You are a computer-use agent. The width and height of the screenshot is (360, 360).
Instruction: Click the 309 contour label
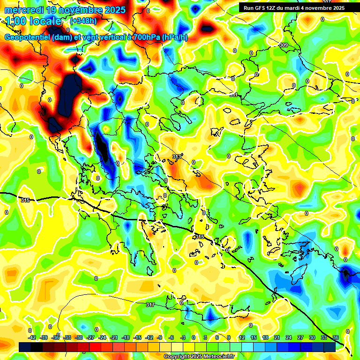coord(283,45)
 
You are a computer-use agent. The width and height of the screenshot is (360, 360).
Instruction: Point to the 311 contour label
coord(233,95)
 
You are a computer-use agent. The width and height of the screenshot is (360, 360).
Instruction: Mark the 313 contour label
coord(177,157)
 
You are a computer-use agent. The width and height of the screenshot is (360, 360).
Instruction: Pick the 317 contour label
coord(150,305)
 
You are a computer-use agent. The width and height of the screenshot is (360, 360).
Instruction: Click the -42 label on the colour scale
coord(32,337)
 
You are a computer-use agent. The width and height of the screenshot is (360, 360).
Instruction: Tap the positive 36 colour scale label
coord(336,337)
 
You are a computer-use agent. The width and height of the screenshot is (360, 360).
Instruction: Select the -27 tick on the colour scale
coord(90,337)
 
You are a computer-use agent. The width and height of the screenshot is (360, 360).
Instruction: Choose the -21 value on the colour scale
coord(114,337)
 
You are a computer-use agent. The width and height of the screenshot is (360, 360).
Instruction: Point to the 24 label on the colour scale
coord(289,337)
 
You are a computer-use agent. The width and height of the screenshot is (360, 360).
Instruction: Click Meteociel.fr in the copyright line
coord(219,357)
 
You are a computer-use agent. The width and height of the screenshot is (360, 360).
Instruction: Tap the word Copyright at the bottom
coord(177,357)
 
